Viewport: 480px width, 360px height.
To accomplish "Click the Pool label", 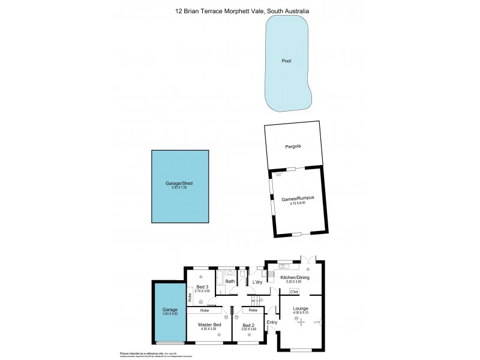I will [x=287, y=61].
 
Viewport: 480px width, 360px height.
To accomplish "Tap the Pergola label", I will [x=292, y=146].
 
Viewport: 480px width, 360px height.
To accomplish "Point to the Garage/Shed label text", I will [x=179, y=183].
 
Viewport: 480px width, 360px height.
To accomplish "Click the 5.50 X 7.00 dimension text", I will [x=179, y=188].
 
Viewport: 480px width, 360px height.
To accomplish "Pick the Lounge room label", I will [x=301, y=308].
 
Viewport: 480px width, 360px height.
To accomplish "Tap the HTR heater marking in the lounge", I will [x=316, y=323].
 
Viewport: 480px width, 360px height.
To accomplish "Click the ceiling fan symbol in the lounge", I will [x=300, y=320].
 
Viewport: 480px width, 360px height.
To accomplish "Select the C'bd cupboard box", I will [x=294, y=292].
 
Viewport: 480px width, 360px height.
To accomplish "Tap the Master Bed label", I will [x=209, y=325].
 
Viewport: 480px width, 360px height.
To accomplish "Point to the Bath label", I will [x=230, y=281].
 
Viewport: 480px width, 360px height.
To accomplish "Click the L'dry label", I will [x=258, y=282].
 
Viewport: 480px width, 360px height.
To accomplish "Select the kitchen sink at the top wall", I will [x=284, y=266].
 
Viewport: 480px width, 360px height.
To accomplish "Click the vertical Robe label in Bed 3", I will [x=190, y=296].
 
